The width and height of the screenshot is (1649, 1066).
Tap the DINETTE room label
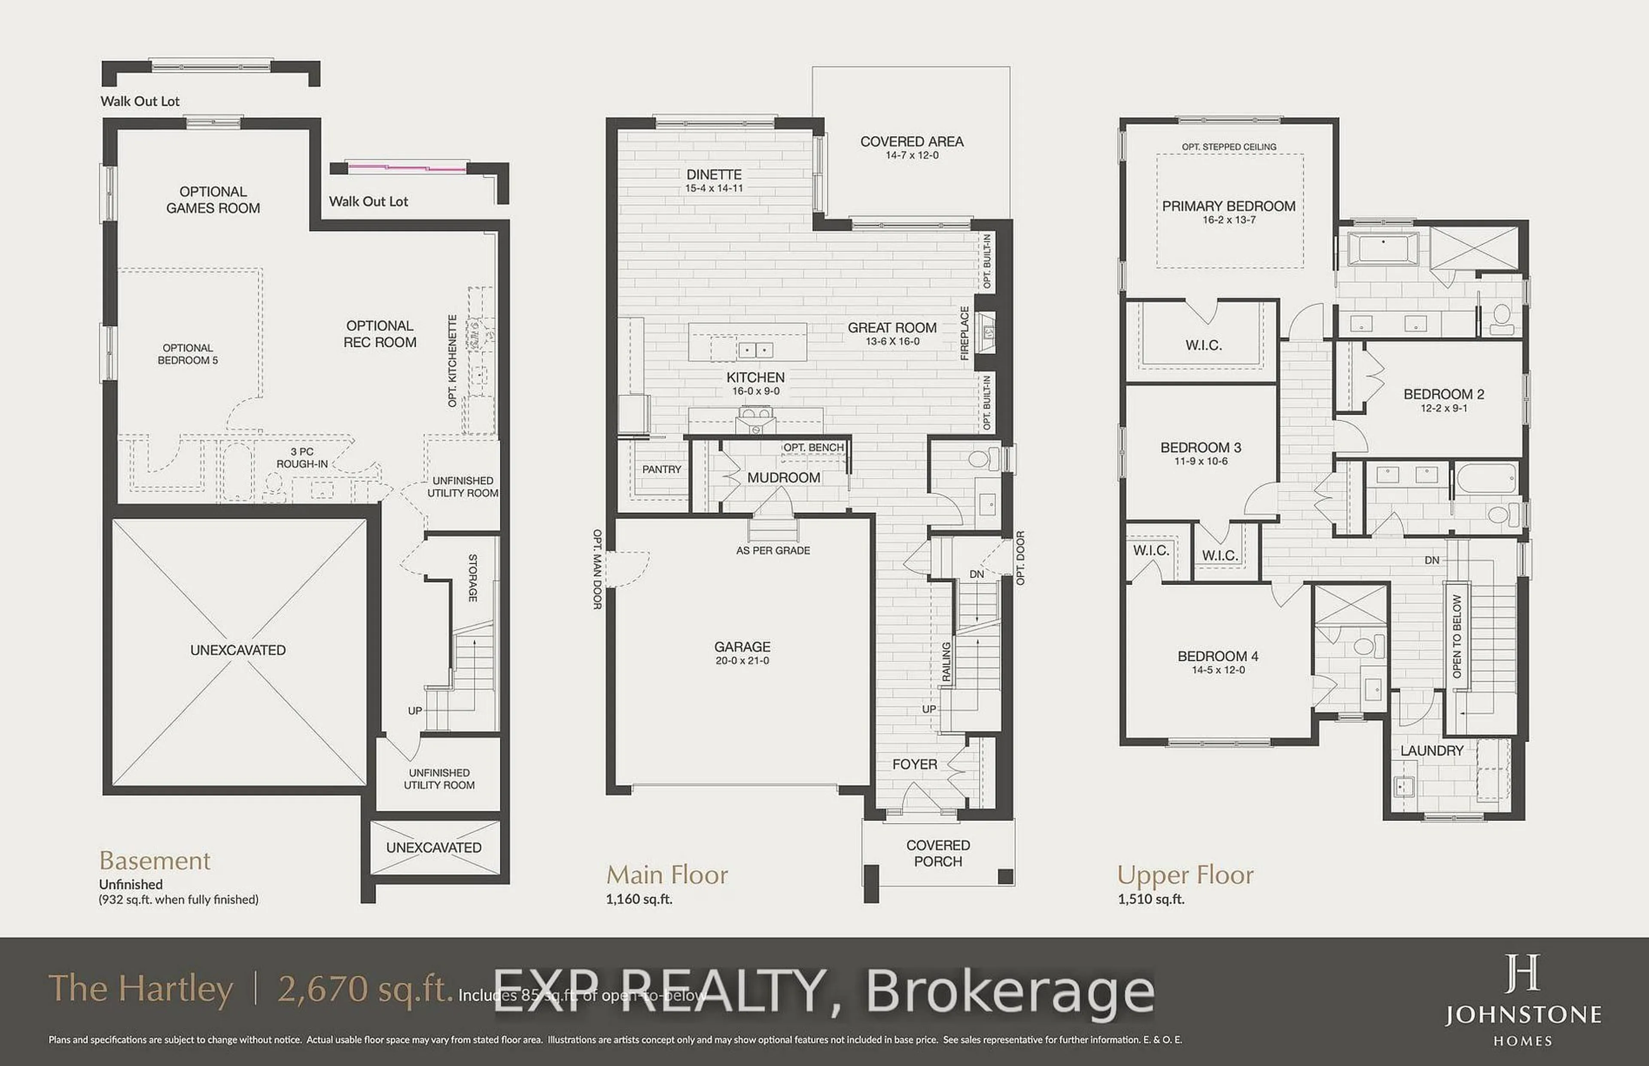click(x=714, y=174)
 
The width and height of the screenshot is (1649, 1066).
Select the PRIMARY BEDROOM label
click(x=1229, y=206)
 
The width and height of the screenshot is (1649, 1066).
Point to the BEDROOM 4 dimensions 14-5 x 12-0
click(x=1218, y=670)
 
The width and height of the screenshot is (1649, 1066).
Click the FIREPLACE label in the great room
click(x=964, y=333)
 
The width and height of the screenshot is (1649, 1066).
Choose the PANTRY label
click(x=661, y=469)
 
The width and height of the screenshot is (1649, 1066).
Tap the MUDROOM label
click(x=783, y=478)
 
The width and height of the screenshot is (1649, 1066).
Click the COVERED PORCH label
click(x=938, y=853)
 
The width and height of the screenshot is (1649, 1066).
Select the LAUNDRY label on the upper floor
click(x=1432, y=750)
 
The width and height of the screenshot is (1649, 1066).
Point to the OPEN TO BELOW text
click(x=1457, y=636)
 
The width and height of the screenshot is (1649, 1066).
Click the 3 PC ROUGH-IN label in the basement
click(x=302, y=457)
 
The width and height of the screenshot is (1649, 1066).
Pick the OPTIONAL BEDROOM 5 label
click(x=188, y=354)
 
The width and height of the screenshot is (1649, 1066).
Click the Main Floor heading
click(x=667, y=875)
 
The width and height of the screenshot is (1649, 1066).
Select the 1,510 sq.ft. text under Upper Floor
click(x=1151, y=899)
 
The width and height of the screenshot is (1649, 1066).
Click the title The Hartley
click(x=140, y=988)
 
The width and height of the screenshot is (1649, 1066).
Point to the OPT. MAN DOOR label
click(x=597, y=569)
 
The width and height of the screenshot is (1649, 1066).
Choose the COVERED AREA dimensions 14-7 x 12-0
click(x=911, y=155)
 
